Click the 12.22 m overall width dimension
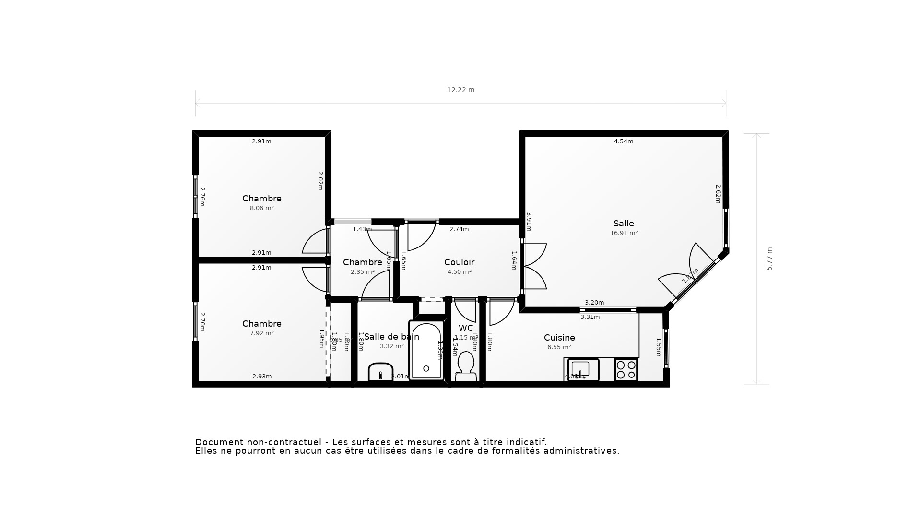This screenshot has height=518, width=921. (x=460, y=90)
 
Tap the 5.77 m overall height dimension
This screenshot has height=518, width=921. (x=769, y=259)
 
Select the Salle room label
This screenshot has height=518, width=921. (x=624, y=224)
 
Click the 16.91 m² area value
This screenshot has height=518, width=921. (x=624, y=233)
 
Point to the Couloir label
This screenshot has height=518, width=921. (x=459, y=262)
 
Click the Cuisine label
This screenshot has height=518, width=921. (x=559, y=338)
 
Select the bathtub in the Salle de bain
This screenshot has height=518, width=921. (x=426, y=351)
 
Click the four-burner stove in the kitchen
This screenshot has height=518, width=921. (x=626, y=370)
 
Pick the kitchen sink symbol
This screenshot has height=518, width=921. (x=583, y=369)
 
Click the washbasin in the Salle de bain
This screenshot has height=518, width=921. (x=380, y=372)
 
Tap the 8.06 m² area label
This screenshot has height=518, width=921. (x=261, y=208)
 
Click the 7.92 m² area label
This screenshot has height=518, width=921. (x=261, y=333)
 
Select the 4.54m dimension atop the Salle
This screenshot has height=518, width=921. (x=624, y=141)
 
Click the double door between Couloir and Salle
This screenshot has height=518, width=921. (x=533, y=266)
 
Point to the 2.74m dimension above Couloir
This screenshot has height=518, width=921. (x=459, y=229)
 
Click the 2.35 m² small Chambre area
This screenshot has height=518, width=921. (x=362, y=272)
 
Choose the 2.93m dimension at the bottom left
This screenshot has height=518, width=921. (x=262, y=377)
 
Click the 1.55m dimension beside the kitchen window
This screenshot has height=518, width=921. (x=659, y=347)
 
